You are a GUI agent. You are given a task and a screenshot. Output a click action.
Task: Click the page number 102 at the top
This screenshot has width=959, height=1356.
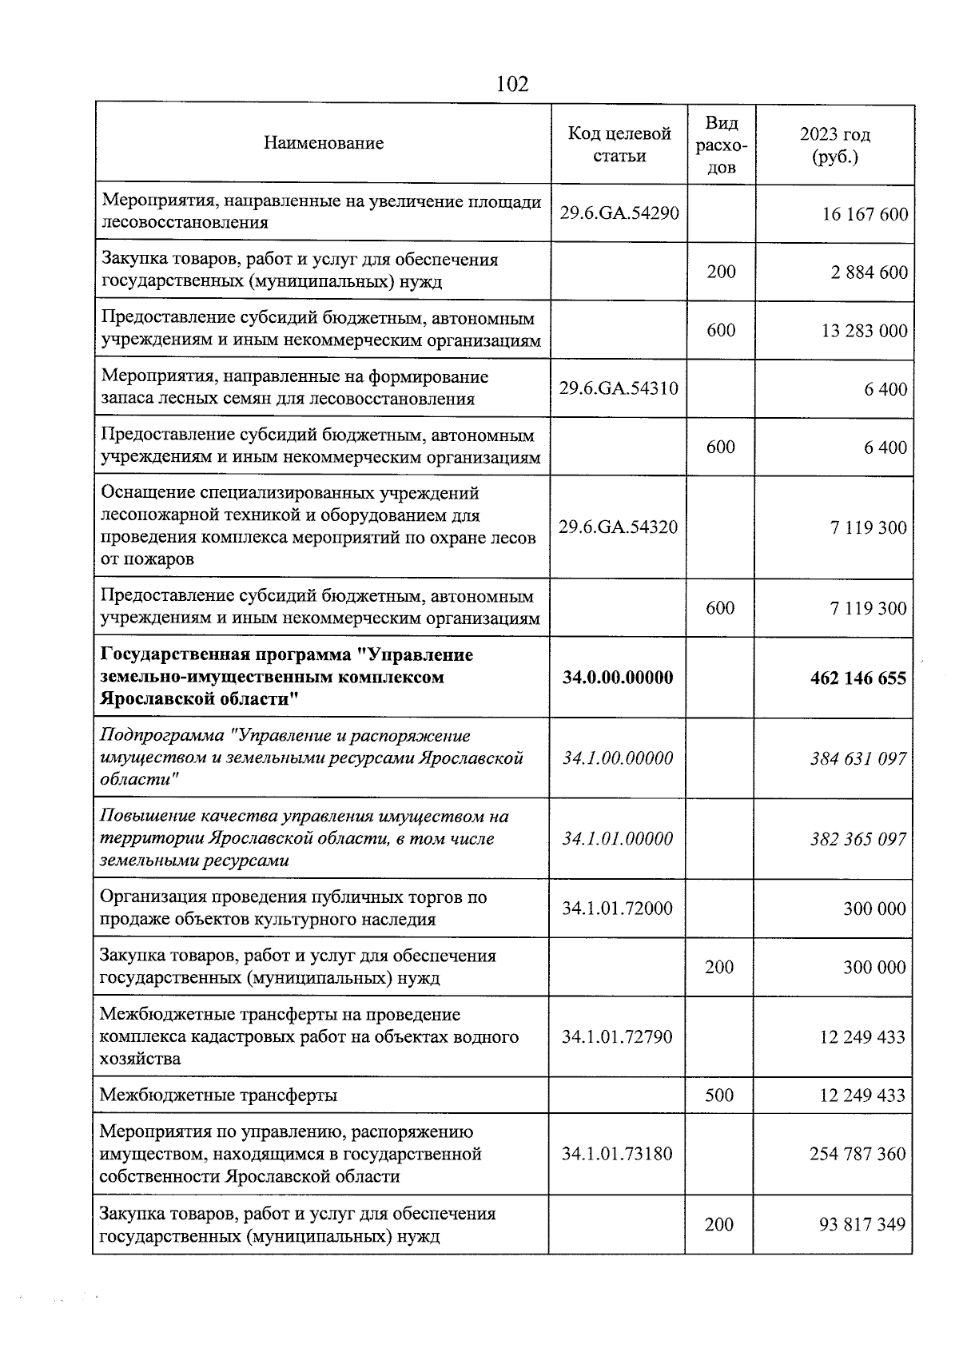point(512,84)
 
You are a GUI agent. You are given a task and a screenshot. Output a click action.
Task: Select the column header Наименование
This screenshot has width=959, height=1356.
point(324,144)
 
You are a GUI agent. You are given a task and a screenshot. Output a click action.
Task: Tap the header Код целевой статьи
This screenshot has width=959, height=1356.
point(619,145)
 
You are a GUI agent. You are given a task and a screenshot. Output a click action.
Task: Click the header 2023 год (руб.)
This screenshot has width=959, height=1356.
point(835,145)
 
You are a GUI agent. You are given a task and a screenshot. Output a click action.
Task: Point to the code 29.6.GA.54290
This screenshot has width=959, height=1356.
point(619,213)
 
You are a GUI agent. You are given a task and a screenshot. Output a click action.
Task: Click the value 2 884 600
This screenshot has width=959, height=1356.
point(869,272)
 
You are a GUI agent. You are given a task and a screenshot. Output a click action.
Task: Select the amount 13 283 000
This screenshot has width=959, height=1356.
point(865,331)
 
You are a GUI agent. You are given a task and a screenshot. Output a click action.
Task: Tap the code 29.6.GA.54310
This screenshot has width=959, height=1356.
point(619,388)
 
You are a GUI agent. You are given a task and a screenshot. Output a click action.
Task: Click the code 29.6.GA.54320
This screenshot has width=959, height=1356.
point(619,527)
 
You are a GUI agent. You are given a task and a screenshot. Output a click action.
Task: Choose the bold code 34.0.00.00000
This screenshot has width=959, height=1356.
point(618,678)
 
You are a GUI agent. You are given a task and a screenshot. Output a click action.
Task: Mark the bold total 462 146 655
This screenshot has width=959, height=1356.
point(858,678)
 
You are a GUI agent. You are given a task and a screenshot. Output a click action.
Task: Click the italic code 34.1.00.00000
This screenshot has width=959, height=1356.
point(618,758)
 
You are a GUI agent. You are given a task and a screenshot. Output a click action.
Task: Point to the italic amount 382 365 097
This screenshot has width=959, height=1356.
point(858,839)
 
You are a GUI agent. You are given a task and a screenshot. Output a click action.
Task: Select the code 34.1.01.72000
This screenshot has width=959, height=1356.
point(617,909)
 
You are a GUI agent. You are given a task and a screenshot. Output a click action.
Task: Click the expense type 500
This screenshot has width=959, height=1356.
point(719,1095)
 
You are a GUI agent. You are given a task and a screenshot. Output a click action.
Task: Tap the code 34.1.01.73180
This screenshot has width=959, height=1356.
point(617,1154)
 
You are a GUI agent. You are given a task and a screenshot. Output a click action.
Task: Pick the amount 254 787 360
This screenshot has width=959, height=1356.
point(858,1154)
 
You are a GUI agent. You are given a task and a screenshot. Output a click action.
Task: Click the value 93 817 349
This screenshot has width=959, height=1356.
point(862,1224)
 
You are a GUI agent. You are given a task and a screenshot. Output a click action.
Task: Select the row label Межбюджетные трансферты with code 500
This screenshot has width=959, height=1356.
point(218,1095)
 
